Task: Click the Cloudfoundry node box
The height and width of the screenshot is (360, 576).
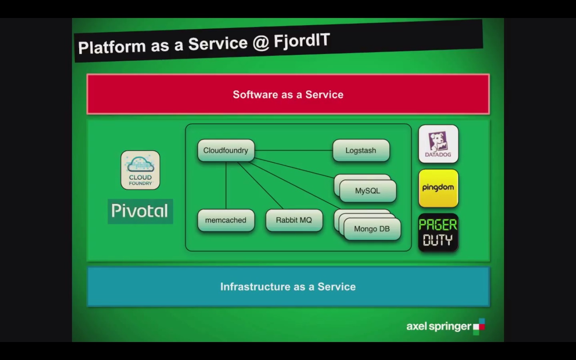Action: click(226, 150)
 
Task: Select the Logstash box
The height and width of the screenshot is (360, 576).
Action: click(361, 150)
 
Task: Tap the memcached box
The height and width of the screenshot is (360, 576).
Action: click(226, 220)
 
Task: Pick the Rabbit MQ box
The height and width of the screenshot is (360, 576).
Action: click(294, 220)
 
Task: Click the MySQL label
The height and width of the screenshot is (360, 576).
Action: click(368, 191)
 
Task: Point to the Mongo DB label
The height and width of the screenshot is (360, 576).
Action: click(372, 229)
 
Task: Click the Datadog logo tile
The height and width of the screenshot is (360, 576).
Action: click(438, 144)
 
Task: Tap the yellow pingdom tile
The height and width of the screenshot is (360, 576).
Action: click(438, 188)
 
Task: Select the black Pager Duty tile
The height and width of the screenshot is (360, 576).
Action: click(438, 232)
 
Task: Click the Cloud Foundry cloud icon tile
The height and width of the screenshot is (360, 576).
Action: click(140, 170)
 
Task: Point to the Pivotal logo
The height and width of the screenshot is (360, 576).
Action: click(140, 211)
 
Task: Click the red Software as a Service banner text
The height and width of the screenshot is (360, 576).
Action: click(288, 95)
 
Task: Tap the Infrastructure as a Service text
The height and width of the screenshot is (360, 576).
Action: click(288, 287)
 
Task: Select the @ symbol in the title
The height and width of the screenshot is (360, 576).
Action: click(261, 43)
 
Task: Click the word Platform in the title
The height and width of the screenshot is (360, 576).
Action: click(112, 47)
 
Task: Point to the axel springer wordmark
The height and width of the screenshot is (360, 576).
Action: click(439, 326)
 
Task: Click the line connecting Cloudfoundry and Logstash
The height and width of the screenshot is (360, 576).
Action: click(294, 150)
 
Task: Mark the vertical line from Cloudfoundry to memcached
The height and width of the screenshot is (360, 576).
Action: click(226, 186)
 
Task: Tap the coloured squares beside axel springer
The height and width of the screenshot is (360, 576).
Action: click(479, 327)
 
